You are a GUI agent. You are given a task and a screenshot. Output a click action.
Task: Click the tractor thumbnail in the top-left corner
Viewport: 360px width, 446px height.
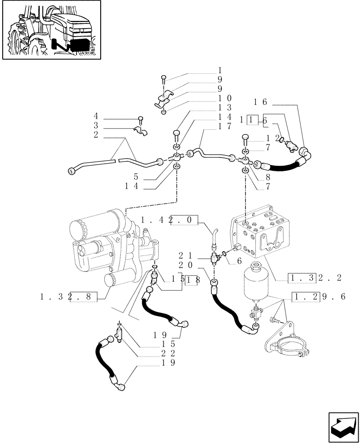tap(51, 30)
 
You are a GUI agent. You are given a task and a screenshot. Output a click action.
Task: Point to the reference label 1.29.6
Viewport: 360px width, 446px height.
tap(319, 297)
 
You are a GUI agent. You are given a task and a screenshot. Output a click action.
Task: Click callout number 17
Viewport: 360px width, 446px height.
tap(225, 126)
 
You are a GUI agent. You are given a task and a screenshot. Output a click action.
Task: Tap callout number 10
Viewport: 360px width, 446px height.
tap(225, 98)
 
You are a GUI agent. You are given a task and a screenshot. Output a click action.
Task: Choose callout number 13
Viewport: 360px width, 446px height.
tap(225, 107)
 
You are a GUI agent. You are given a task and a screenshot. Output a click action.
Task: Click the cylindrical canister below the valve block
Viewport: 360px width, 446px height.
tap(256, 283)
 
